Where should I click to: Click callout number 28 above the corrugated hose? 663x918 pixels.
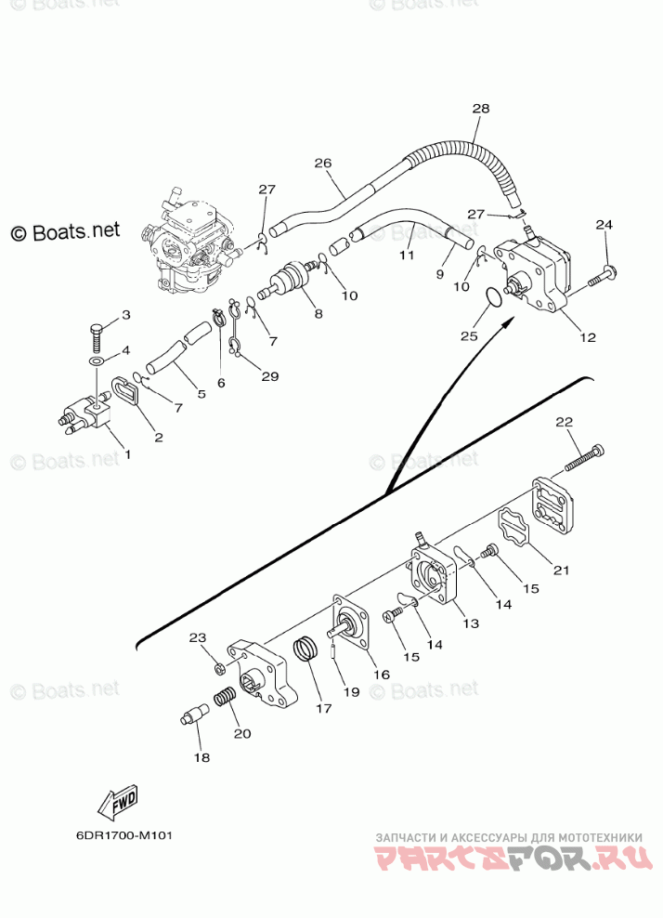[x=480, y=109]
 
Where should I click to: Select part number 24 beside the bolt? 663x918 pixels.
[x=604, y=226]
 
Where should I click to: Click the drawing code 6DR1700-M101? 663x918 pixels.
[x=124, y=833]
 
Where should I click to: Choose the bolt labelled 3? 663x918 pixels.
[x=97, y=330]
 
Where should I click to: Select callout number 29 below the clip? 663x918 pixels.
[x=269, y=375]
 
